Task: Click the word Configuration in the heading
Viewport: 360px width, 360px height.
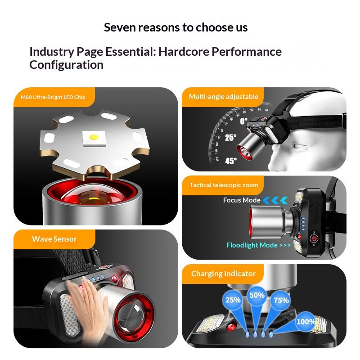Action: click(66, 65)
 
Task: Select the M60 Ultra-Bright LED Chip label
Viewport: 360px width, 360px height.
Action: click(53, 97)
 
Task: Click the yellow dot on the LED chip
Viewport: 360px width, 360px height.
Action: click(94, 137)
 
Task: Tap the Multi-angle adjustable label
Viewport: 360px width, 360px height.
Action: click(223, 97)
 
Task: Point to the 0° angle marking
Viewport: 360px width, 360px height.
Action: click(243, 121)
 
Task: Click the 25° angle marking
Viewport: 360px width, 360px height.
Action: click(230, 138)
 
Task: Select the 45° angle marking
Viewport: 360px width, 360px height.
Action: click(231, 161)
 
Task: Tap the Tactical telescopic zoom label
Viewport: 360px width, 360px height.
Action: click(224, 185)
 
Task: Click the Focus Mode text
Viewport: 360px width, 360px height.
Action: click(242, 200)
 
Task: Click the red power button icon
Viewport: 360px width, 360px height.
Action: click(314, 239)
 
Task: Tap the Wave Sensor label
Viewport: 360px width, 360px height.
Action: click(54, 239)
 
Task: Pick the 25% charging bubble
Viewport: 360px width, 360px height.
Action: click(233, 300)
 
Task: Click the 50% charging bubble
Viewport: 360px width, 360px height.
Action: click(257, 295)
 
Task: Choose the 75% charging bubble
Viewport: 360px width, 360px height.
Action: click(281, 300)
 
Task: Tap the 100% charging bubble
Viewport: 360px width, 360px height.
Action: click(306, 321)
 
